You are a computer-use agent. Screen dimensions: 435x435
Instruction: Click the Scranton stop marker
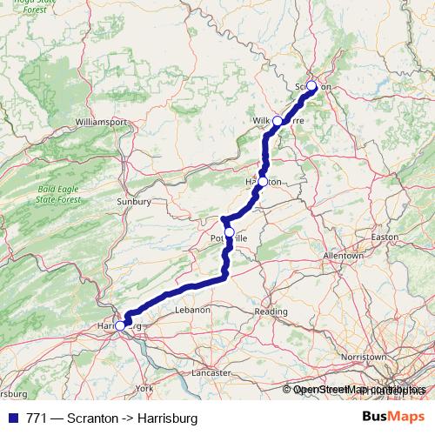[311, 86]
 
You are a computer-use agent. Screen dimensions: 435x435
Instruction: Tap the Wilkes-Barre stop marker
[278, 120]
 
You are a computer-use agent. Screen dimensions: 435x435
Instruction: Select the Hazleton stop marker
[263, 182]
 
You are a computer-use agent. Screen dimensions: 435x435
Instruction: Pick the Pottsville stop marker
[230, 232]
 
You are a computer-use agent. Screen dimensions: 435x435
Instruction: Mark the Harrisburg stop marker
[120, 326]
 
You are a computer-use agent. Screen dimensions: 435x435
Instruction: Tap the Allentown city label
[342, 257]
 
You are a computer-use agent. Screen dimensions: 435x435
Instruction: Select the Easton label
[385, 237]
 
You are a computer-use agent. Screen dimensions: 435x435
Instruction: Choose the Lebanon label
[192, 310]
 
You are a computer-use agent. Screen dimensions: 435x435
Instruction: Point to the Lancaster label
[212, 371]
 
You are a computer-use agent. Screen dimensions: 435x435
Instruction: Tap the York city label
[144, 387]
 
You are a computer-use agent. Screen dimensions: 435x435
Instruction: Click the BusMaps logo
[394, 418]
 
